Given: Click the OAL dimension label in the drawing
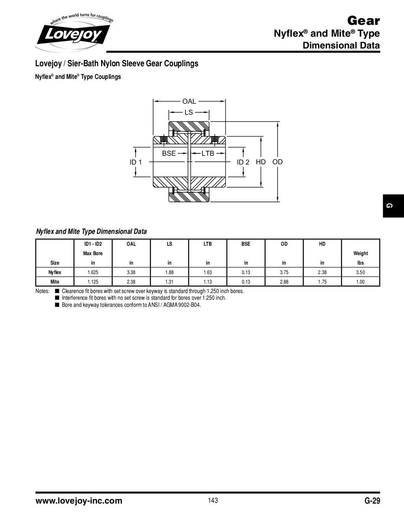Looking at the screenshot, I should point(189,101).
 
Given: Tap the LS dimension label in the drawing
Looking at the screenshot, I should point(189,112).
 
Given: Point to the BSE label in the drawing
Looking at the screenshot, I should point(169,153).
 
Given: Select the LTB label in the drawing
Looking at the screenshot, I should point(208,153).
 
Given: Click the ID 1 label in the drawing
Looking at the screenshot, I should point(136,162).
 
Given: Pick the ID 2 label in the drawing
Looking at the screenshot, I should point(243,162).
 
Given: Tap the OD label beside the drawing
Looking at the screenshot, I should point(277,162).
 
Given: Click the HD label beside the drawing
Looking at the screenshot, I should point(261,162).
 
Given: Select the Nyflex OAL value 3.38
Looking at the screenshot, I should point(131,272).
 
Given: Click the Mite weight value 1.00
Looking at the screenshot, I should point(360,282).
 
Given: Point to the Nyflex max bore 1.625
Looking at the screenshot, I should point(93,272).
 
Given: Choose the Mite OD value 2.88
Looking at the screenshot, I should point(284,282).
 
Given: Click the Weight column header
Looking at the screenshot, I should point(360,253).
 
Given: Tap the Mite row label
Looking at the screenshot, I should point(55,282).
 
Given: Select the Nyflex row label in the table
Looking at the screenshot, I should point(55,272).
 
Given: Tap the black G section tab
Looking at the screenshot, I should point(393,205).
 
